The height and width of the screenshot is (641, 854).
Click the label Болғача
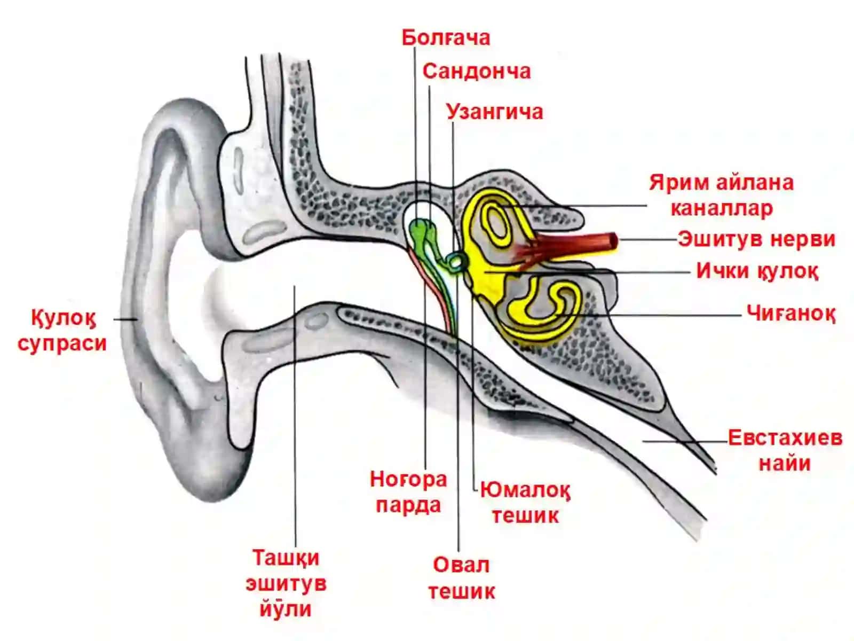pos(446,38)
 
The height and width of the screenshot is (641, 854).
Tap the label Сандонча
pos(477,72)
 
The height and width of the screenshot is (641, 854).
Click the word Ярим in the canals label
pos(676,183)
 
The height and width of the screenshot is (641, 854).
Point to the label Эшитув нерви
pos(757,239)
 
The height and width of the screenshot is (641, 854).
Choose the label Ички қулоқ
pos(757,271)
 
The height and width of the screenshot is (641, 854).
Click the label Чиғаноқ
pos(790,314)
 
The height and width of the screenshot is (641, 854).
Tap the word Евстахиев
pos(785,438)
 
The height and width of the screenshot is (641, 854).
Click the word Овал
pos(461,565)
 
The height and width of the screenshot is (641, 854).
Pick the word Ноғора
pos(408,480)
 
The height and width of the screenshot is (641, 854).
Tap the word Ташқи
pos(286,559)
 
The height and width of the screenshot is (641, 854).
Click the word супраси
pos(62,344)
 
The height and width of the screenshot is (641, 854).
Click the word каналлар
pos(722,209)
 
